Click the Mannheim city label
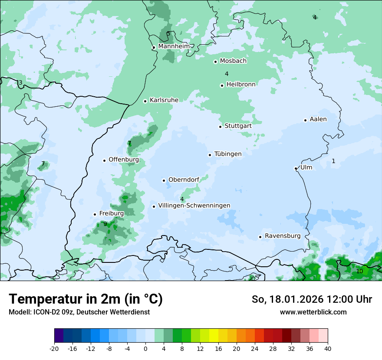tap(174, 46)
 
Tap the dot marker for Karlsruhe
tap(145, 101)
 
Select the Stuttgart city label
tap(238, 126)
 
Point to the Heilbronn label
tap(241, 84)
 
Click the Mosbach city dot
tap(215, 62)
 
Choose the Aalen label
tap(318, 119)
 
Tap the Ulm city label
tap(306, 167)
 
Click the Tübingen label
tap(228, 154)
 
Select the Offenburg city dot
tap(104, 160)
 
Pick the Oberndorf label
tap(184, 180)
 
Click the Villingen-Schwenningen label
tap(194, 205)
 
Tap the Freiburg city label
tap(112, 213)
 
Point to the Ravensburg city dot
tap(260, 237)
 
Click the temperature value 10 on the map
tap(359, 271)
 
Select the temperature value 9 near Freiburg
tap(105, 224)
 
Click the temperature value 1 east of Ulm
tap(333, 161)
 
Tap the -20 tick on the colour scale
tap(54, 348)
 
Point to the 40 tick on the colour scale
tap(327, 348)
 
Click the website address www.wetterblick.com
tap(313, 312)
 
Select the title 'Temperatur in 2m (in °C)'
tap(86, 299)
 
